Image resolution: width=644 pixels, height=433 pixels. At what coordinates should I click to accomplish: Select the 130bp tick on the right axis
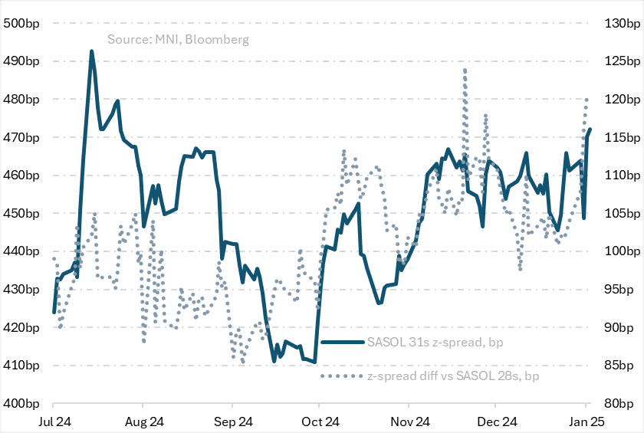tap(620, 23)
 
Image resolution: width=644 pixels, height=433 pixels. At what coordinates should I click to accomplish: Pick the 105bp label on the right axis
tap(620, 213)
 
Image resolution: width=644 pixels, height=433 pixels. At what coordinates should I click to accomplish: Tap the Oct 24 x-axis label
tap(320, 422)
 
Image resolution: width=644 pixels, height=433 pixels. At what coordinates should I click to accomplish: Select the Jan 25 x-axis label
tap(587, 422)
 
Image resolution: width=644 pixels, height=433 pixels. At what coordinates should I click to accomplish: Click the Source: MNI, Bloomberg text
tap(178, 39)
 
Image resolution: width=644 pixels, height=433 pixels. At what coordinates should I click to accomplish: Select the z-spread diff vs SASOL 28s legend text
tap(452, 376)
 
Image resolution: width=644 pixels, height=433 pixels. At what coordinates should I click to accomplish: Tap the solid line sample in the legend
tap(342, 342)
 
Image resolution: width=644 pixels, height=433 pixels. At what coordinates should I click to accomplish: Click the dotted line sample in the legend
tap(342, 376)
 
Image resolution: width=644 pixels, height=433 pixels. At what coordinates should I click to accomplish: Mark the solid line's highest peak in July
tap(92, 51)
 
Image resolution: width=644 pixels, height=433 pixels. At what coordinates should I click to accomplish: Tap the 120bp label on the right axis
tap(620, 99)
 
